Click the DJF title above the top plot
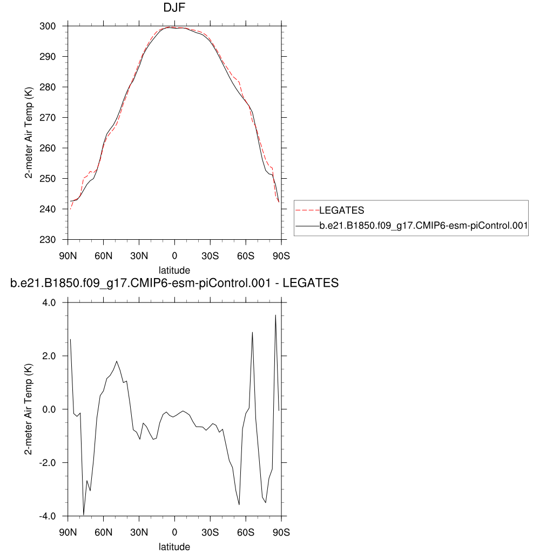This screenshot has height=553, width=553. tap(174, 8)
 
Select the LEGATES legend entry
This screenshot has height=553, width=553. tap(342, 210)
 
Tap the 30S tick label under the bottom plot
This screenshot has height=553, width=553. tap(210, 532)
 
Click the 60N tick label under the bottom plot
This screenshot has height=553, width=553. tap(103, 532)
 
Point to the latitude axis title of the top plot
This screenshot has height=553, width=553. tap(174, 270)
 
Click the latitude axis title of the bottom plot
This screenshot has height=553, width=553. tap(174, 547)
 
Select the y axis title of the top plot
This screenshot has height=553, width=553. tap(30, 133)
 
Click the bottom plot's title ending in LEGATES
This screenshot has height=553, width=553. tap(174, 283)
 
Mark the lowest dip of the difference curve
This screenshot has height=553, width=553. tap(84, 515)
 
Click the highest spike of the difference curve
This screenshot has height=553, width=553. tap(275, 315)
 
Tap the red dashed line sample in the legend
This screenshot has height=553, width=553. tap(307, 210)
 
